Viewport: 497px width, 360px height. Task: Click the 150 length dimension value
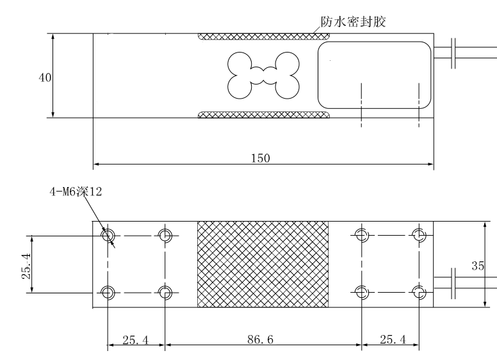261,158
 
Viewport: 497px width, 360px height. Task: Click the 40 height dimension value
44,78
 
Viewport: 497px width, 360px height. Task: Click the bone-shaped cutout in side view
264,76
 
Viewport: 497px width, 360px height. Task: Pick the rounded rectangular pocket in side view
374,76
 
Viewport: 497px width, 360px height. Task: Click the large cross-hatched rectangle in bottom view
263,264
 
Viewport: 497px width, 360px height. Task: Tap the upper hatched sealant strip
264,37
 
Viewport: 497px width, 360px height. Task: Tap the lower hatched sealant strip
264,115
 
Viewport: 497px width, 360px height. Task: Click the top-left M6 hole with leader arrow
108,235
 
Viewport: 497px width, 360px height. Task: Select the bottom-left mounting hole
108,293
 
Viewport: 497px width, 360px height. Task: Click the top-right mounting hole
420,235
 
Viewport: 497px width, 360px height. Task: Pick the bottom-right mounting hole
420,293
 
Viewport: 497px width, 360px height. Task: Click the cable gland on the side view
453,54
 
